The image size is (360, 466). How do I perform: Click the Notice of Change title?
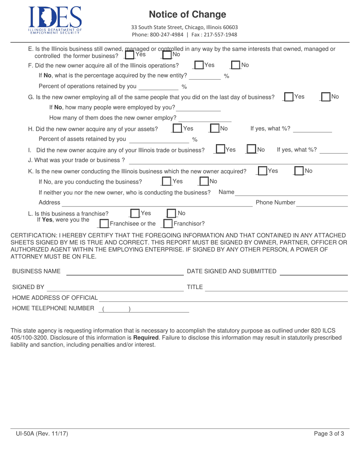(x=187, y=14)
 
